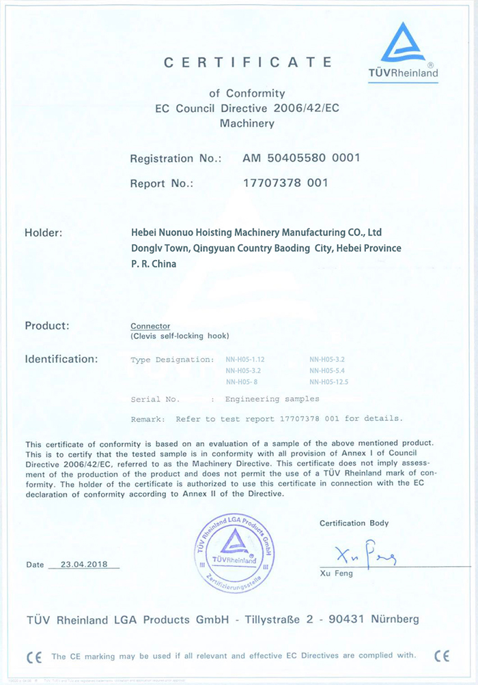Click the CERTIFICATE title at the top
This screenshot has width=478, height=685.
pos(248,63)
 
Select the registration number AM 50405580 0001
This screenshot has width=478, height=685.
pos(301,158)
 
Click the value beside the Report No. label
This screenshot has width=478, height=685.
pos(285,183)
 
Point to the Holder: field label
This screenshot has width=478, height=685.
pos(44,233)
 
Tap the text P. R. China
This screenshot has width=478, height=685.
pos(153,263)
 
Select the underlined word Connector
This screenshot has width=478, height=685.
pos(150,326)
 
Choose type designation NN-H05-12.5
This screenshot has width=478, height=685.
pos(329,382)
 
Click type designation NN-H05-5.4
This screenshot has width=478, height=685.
pos(329,371)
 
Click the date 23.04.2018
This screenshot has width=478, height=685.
pos(89,565)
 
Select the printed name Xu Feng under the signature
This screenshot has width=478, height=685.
pos(336,574)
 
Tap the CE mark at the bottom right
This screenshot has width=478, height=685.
pos(442,656)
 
